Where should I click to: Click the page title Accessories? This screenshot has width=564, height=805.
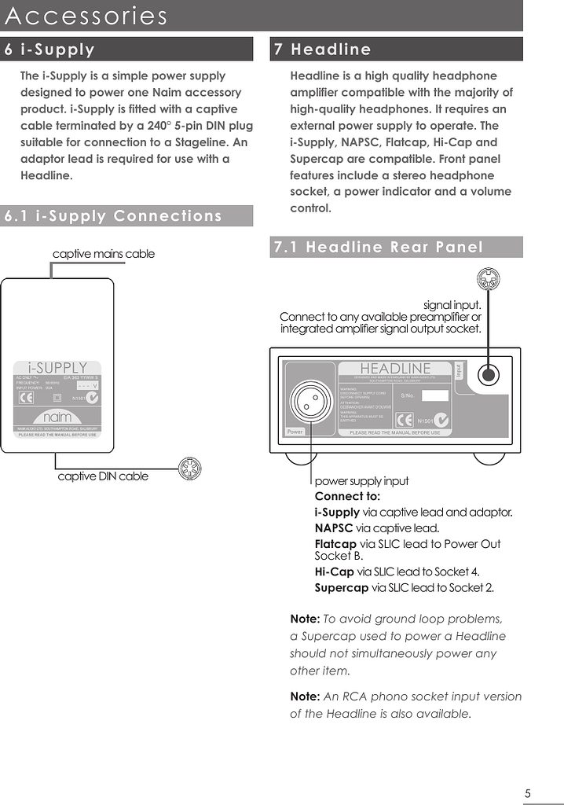point(86,16)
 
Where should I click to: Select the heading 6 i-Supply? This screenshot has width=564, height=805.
point(49,50)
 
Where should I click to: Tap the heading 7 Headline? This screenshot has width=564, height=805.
point(321,50)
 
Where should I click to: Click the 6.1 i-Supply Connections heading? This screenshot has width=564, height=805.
point(113,216)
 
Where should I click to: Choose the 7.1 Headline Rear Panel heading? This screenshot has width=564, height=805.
point(378,248)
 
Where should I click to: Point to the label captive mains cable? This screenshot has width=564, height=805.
point(103,254)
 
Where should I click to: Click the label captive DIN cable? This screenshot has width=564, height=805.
point(103,476)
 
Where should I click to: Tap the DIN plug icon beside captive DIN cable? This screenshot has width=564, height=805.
point(190,469)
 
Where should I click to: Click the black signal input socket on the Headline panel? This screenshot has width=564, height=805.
point(489,375)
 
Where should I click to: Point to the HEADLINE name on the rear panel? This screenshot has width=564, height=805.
point(395,369)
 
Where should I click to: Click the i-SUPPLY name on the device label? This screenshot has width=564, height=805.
point(57,368)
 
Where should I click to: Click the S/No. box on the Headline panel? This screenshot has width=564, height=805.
point(434,395)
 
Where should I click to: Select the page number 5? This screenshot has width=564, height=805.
point(528,793)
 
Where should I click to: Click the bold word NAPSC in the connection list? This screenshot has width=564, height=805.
point(334,528)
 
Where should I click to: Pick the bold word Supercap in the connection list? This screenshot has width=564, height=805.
point(341,587)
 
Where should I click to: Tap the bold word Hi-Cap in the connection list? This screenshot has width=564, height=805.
point(334,572)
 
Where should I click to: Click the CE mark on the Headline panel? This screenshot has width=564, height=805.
point(405,419)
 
